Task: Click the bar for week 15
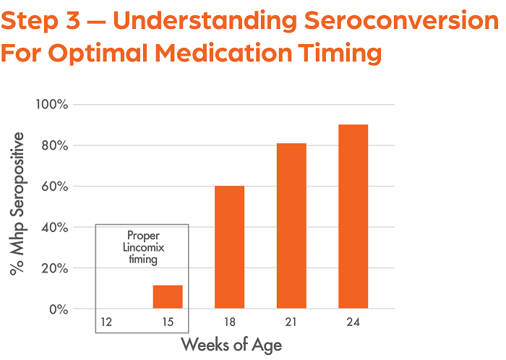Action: pyautogui.click(x=167, y=297)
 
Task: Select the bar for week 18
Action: pyautogui.click(x=229, y=247)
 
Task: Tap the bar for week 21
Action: pyautogui.click(x=291, y=226)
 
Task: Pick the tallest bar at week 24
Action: pyautogui.click(x=353, y=216)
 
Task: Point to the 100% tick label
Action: pyautogui.click(x=51, y=105)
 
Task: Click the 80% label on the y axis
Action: pyautogui.click(x=53, y=145)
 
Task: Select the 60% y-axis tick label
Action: pyautogui.click(x=53, y=187)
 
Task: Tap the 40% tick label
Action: pyautogui.click(x=53, y=228)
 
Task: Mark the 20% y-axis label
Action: pyautogui.click(x=53, y=268)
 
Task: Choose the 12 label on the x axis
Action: pyautogui.click(x=106, y=320)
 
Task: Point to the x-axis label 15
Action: pyautogui.click(x=167, y=320)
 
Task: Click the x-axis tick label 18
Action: pyautogui.click(x=229, y=320)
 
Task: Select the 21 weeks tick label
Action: pyautogui.click(x=291, y=320)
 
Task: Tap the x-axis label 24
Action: pyautogui.click(x=353, y=320)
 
